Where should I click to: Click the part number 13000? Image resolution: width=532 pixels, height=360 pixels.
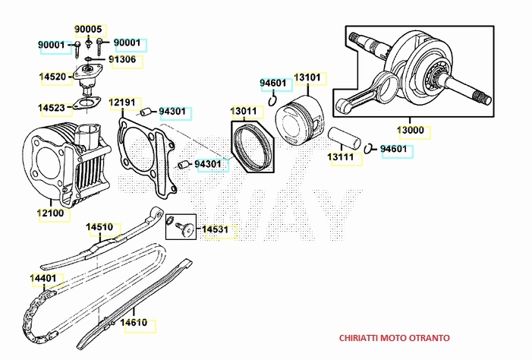[411, 130]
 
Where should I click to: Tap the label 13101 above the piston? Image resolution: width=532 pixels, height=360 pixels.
[307, 77]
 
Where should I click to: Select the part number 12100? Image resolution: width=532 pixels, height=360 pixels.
[50, 213]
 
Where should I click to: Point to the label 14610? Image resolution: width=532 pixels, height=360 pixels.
[134, 322]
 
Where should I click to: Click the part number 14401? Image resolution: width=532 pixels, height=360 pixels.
[43, 278]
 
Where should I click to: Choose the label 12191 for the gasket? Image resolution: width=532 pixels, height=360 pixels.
[121, 103]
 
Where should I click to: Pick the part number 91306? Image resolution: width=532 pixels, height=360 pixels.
[122, 59]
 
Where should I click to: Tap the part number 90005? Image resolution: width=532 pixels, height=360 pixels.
[88, 29]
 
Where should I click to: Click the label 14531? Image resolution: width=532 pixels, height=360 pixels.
[215, 229]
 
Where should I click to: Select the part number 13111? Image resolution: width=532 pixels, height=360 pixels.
[340, 157]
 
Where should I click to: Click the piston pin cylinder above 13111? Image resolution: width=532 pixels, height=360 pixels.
[344, 137]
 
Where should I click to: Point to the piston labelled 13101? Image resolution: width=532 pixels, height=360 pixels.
[299, 121]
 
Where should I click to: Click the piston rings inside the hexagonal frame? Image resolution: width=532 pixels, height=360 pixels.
[253, 147]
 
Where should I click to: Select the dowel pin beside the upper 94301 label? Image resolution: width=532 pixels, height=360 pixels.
[146, 112]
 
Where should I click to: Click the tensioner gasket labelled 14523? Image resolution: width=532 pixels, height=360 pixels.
[87, 104]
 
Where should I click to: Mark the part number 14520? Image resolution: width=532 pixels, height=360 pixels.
[52, 77]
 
